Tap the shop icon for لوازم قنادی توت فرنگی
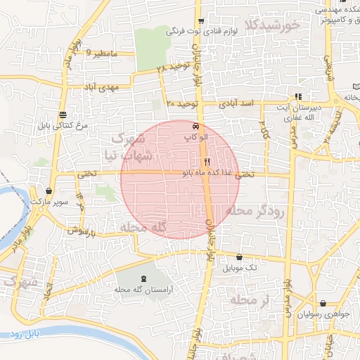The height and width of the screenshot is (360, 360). coord(201,21)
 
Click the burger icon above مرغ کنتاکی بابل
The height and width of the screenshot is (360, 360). coord(63,114)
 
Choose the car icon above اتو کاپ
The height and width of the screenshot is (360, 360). coord(195,127)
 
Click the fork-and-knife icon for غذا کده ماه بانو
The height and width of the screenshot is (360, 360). coord(207,161)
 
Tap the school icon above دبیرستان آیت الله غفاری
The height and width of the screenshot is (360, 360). coord(299,96)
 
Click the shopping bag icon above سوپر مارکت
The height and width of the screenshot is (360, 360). coord(49,191)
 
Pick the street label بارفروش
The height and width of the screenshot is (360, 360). coord(78,231)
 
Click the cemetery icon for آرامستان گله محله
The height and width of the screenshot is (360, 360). coord(145,279)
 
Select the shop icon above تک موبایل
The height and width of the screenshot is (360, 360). coord(240,257)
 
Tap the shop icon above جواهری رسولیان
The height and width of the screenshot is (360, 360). coord(323,304)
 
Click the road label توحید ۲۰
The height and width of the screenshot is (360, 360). coord(184,104)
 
